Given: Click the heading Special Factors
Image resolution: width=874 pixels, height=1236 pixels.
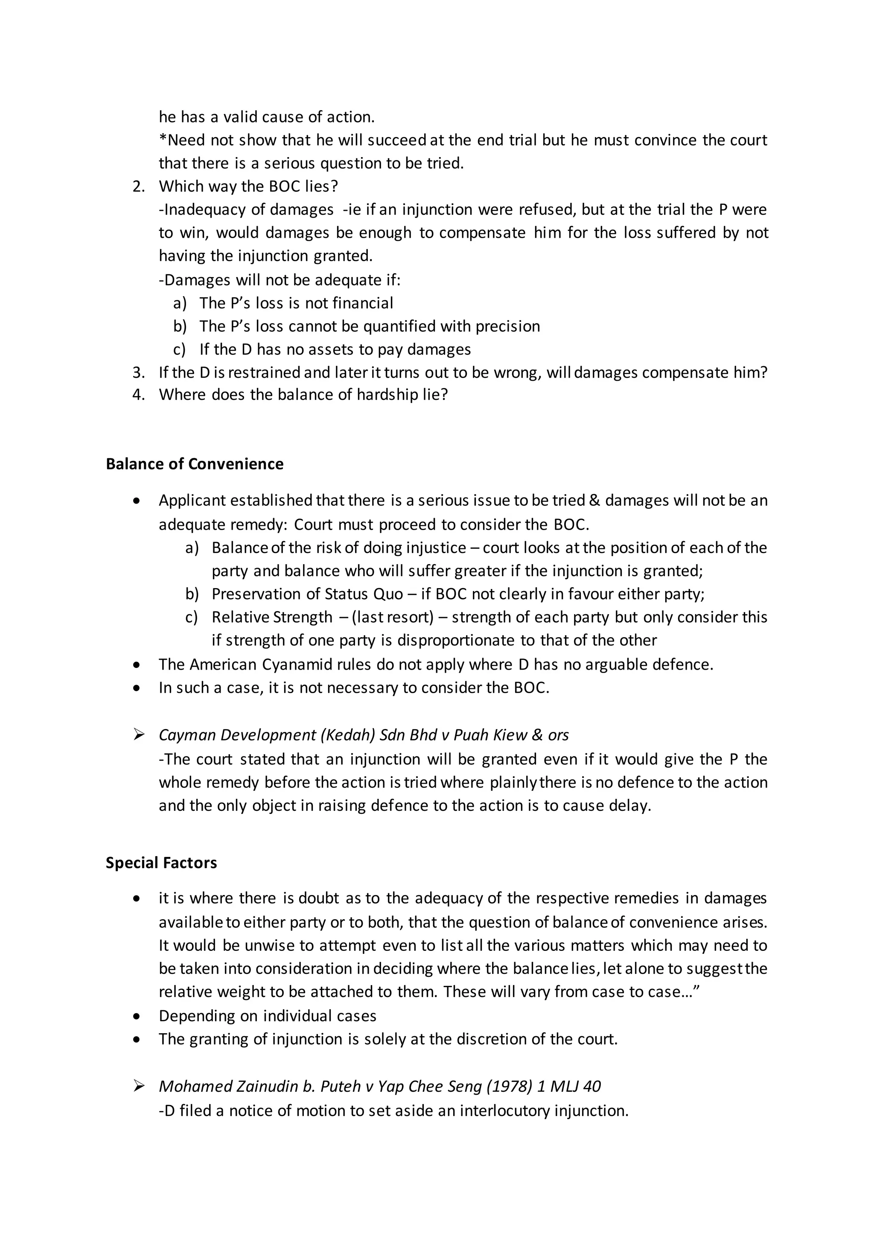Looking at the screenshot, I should (x=161, y=863).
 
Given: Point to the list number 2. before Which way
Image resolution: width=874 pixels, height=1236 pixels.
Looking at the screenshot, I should (x=138, y=187).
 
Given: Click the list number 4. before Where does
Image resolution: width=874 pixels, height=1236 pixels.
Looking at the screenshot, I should (x=138, y=395).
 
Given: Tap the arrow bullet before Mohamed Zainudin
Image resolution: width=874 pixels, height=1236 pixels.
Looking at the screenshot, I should (x=138, y=1086).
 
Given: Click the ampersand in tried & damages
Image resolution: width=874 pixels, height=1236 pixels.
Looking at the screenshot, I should (x=594, y=501).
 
